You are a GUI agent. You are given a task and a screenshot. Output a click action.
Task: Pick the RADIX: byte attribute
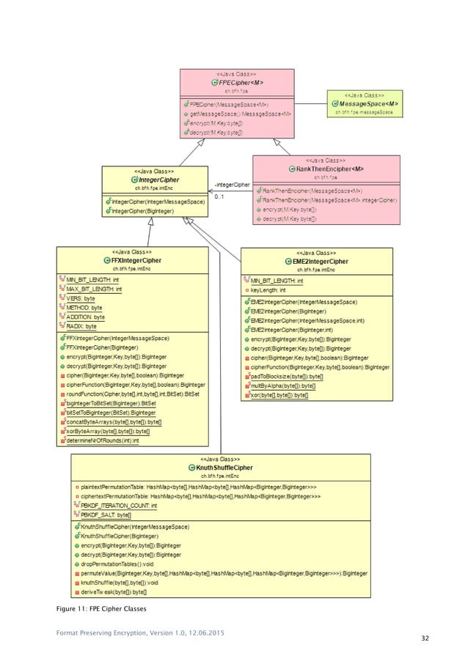pos(81,326)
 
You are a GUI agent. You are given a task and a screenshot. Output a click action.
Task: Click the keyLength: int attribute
pos(268,290)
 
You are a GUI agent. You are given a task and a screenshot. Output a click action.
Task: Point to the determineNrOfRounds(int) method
pos(102,440)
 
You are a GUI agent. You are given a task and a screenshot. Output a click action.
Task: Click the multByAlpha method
pos(282,385)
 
